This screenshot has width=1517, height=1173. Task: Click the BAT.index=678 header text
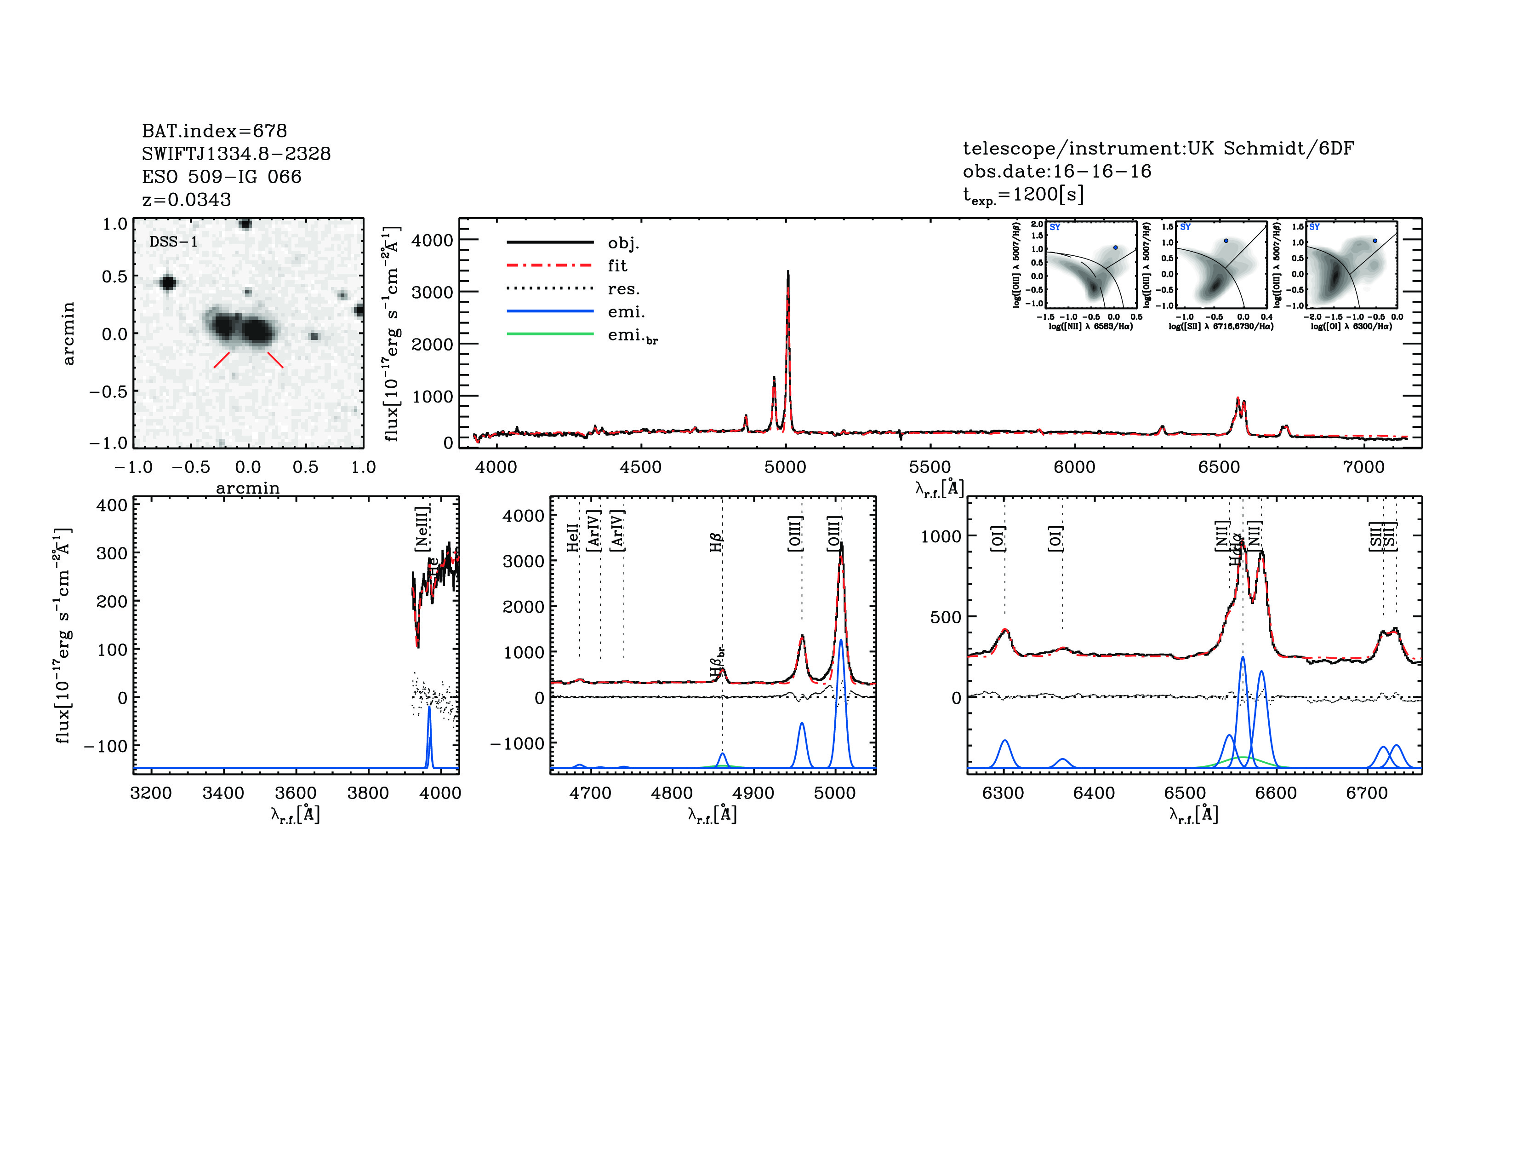(x=214, y=131)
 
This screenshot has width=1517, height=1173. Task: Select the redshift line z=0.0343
(x=186, y=200)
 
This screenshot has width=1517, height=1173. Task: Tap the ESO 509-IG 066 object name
(x=222, y=177)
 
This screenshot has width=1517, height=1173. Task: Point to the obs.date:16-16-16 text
(x=1056, y=171)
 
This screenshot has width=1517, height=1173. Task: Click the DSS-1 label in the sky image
(x=174, y=242)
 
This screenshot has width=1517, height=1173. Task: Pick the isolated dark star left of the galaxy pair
(x=167, y=283)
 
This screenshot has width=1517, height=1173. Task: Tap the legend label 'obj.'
(x=623, y=243)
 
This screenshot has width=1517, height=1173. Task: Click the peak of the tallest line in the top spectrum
(x=787, y=272)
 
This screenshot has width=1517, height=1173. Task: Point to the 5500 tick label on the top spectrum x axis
(x=930, y=467)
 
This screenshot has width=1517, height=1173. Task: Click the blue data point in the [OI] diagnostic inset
(x=1374, y=241)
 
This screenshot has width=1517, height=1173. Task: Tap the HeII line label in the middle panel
(x=573, y=537)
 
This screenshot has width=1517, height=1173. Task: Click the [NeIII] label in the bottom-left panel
(x=422, y=529)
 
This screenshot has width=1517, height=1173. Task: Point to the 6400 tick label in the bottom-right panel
(x=1094, y=793)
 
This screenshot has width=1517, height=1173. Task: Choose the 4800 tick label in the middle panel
(x=672, y=793)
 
